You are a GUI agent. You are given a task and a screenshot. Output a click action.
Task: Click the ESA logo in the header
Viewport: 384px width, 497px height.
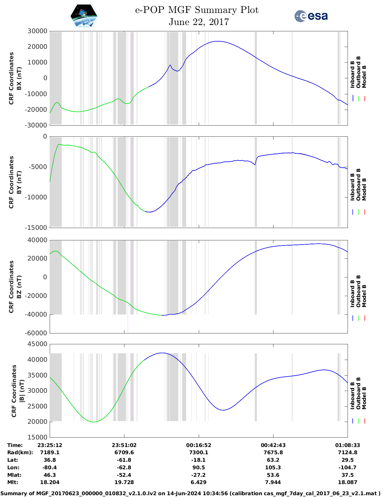click(x=311, y=16)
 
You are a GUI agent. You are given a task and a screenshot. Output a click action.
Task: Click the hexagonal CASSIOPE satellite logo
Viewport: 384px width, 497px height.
click(x=84, y=16)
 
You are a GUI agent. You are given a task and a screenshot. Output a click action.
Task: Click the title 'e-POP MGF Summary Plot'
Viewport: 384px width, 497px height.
click(x=197, y=10)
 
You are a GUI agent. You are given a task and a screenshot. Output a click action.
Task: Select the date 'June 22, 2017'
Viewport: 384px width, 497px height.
click(x=199, y=22)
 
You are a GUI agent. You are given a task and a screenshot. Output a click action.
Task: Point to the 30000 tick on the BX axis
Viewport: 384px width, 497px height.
click(x=37, y=31)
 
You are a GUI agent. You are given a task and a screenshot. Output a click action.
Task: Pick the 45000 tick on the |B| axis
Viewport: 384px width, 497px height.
click(x=37, y=344)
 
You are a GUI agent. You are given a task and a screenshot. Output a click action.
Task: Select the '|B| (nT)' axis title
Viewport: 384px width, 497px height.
click(x=22, y=391)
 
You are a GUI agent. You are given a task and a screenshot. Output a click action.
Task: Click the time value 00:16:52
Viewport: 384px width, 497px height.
click(x=198, y=445)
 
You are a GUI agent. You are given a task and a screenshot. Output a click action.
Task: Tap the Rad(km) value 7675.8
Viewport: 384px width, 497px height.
click(x=273, y=452)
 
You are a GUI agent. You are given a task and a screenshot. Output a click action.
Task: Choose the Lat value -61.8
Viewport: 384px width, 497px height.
click(x=124, y=460)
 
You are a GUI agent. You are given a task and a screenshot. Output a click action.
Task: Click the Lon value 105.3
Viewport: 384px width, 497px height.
click(x=273, y=467)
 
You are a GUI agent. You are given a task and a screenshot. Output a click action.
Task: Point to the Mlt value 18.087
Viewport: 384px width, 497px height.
click(x=347, y=482)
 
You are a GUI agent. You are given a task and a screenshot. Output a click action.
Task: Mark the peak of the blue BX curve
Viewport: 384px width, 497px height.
click(x=217, y=41)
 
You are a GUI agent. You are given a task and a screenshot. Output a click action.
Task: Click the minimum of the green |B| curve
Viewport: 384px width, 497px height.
click(x=94, y=422)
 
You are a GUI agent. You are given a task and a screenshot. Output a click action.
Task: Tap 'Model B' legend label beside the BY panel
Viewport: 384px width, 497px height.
click(x=364, y=189)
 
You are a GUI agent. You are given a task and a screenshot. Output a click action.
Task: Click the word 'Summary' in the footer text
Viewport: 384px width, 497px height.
click(x=14, y=493)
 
